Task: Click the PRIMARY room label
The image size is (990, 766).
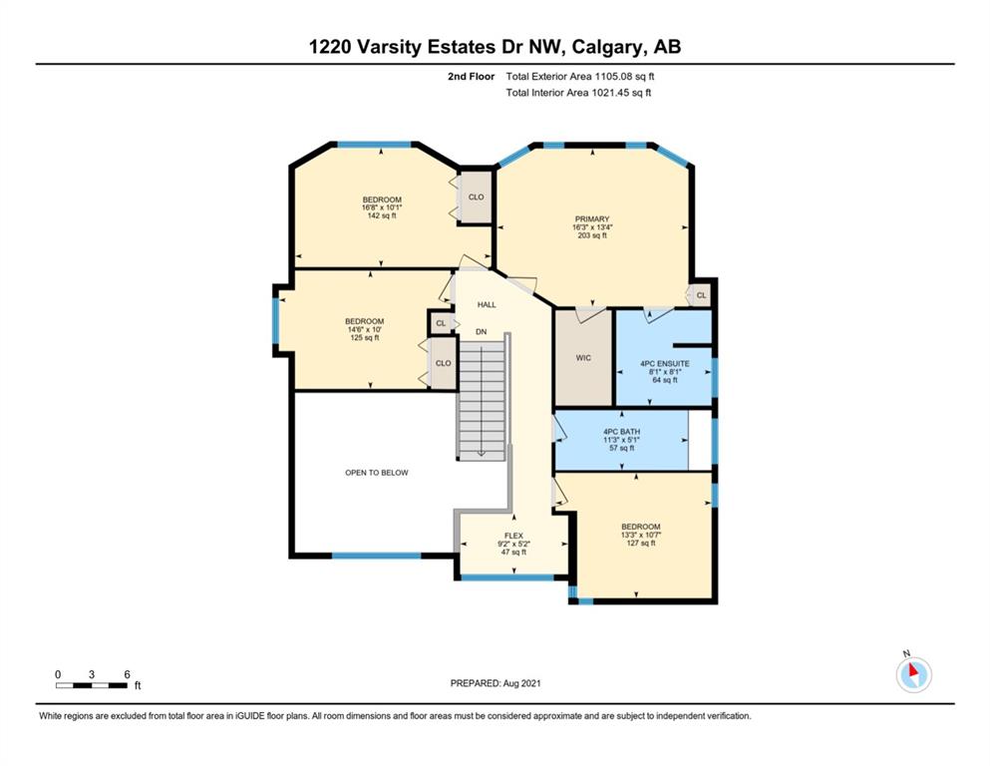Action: pyautogui.click(x=591, y=219)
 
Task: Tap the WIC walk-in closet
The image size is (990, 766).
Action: pyautogui.click(x=583, y=358)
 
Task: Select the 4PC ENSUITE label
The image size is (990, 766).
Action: pyautogui.click(x=665, y=364)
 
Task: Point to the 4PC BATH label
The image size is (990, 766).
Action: pyautogui.click(x=622, y=432)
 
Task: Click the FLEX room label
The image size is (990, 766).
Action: pyautogui.click(x=513, y=536)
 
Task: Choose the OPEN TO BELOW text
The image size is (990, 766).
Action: pyautogui.click(x=376, y=473)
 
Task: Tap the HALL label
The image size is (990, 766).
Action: pyautogui.click(x=487, y=304)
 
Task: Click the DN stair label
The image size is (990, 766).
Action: pyautogui.click(x=482, y=331)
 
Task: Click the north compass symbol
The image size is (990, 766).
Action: pyautogui.click(x=913, y=674)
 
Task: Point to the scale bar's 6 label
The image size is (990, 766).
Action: pyautogui.click(x=127, y=674)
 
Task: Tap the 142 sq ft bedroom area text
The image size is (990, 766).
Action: pyautogui.click(x=382, y=215)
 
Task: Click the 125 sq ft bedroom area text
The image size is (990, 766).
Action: pyautogui.click(x=364, y=338)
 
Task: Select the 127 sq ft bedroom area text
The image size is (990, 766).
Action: pyautogui.click(x=641, y=544)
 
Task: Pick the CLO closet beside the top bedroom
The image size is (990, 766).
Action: pyautogui.click(x=477, y=197)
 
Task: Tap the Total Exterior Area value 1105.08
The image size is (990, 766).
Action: pyautogui.click(x=612, y=77)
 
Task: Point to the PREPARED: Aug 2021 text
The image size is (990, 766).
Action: pyautogui.click(x=495, y=683)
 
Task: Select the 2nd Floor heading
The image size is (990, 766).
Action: pyautogui.click(x=471, y=77)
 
